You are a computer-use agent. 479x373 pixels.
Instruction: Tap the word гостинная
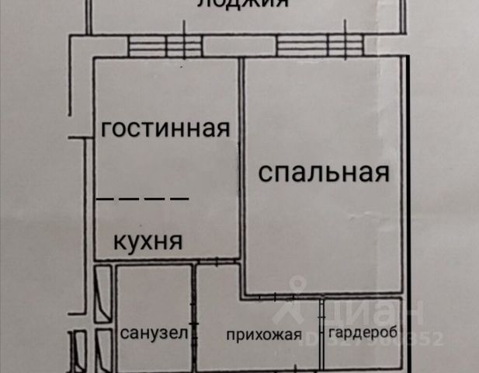(165, 128)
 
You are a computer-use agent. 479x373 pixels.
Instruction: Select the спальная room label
(323, 173)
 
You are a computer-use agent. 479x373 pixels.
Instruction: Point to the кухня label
(148, 240)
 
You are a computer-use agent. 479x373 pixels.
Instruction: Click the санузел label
(154, 335)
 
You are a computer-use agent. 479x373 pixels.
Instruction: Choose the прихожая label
(264, 336)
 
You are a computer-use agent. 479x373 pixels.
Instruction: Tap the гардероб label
(363, 334)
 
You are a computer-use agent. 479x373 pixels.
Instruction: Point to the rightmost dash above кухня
(179, 199)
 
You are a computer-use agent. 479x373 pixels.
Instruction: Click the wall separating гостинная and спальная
(241, 155)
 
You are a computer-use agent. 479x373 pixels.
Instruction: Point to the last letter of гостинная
(223, 129)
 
